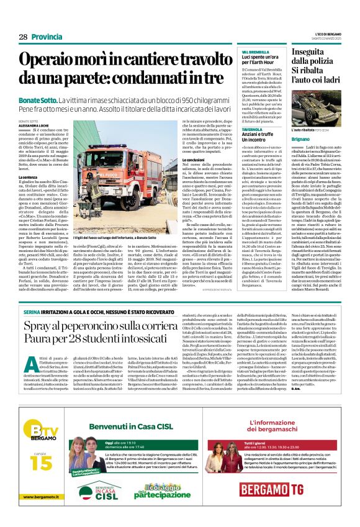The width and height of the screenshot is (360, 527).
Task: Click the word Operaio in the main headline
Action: (56, 60)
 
